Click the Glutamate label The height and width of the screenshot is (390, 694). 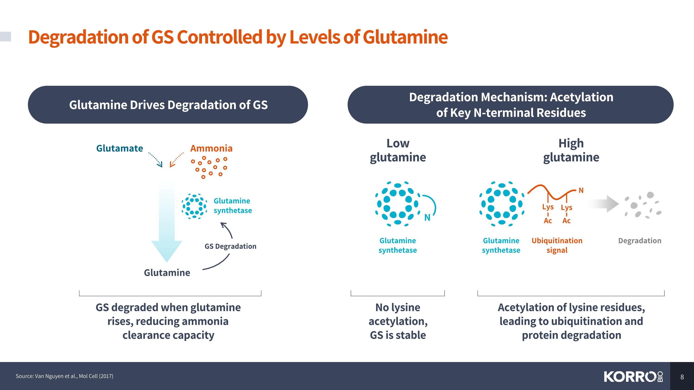120,148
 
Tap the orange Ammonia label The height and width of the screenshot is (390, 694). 211,148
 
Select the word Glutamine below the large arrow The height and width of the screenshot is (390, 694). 167,273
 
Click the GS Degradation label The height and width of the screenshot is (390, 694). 230,246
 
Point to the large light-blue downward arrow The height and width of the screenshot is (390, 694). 167,221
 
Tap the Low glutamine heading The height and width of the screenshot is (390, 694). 398,150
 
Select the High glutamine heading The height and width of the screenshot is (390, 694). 571,150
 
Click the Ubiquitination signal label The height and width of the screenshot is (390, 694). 557,245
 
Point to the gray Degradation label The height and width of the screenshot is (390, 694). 640,241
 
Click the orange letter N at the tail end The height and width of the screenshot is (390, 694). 581,190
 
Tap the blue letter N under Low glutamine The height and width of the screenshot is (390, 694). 427,218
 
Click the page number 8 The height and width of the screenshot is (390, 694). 682,377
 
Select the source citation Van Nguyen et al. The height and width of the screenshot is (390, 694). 64,376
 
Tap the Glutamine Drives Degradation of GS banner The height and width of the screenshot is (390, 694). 168,105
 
